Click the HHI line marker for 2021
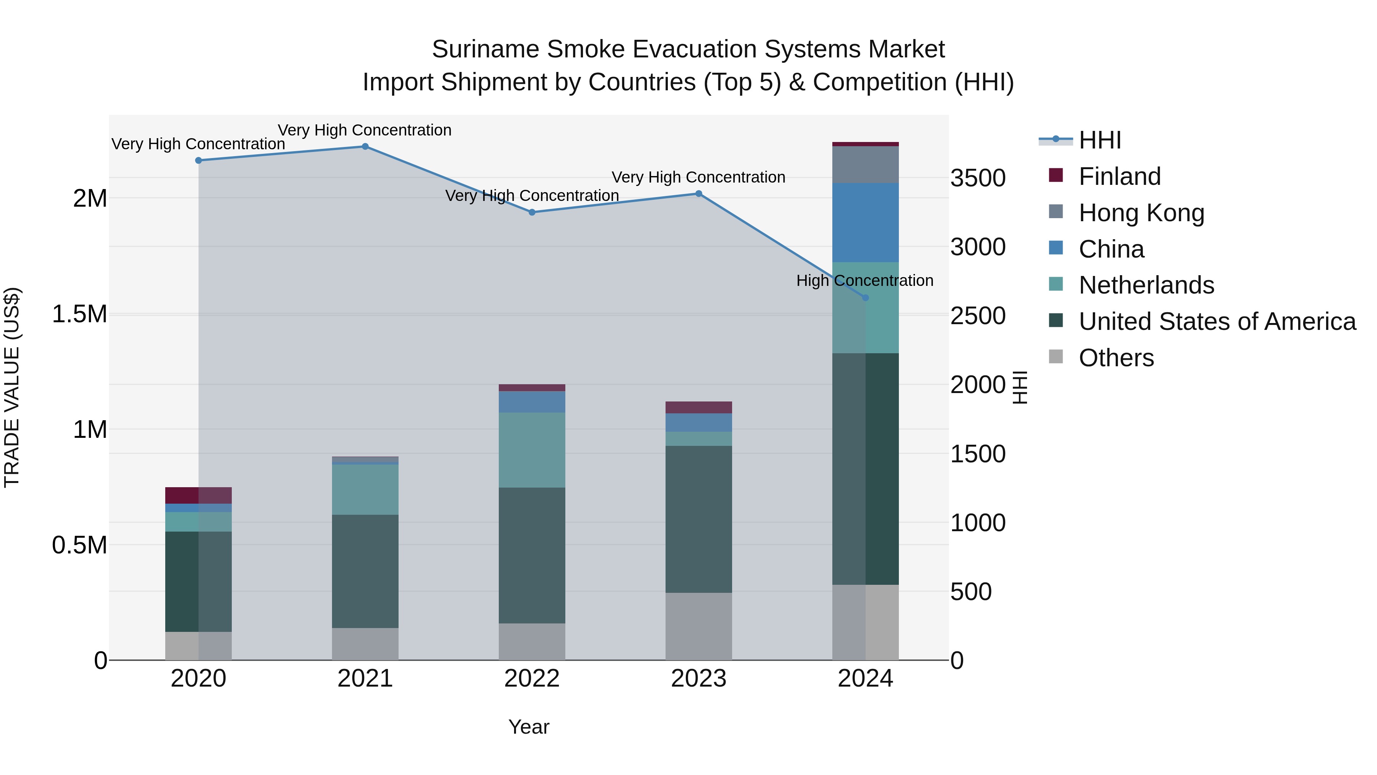pos(365,147)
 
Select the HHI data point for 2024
pos(866,298)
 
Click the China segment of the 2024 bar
pos(866,222)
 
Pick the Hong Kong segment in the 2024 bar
pos(866,165)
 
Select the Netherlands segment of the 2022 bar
pos(532,450)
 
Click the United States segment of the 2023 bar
pos(699,519)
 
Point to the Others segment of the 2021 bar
pos(365,644)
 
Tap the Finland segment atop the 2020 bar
pos(198,495)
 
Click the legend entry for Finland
pos(1119,176)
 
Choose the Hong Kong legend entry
pos(1141,213)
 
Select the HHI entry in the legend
pos(1100,140)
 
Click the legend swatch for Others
pos(1056,357)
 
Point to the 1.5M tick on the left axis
pos(80,314)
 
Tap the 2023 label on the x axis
pos(699,679)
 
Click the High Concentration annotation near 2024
pos(864,280)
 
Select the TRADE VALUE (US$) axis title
pos(12,387)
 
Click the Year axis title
pos(529,727)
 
